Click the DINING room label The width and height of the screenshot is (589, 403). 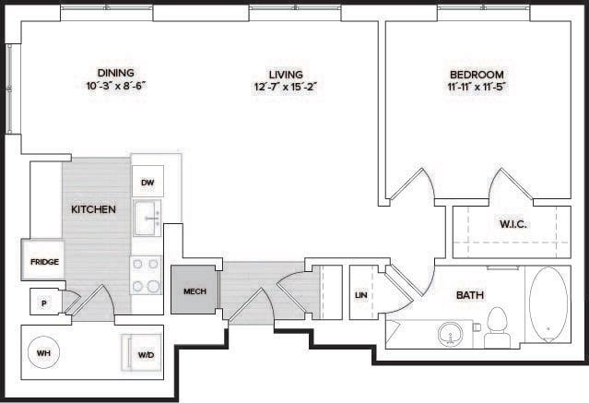click(x=115, y=73)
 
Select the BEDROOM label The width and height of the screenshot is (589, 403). click(x=476, y=74)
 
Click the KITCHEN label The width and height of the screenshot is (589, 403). click(x=93, y=209)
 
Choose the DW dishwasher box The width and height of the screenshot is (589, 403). click(x=147, y=183)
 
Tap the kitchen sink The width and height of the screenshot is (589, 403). click(x=147, y=219)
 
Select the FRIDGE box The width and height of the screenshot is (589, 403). click(x=44, y=261)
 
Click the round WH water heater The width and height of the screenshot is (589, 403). click(x=44, y=352)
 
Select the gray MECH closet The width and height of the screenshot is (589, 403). click(x=194, y=291)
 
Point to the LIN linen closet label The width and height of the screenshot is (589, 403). click(x=361, y=295)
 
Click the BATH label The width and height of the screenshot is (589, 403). click(x=470, y=295)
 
